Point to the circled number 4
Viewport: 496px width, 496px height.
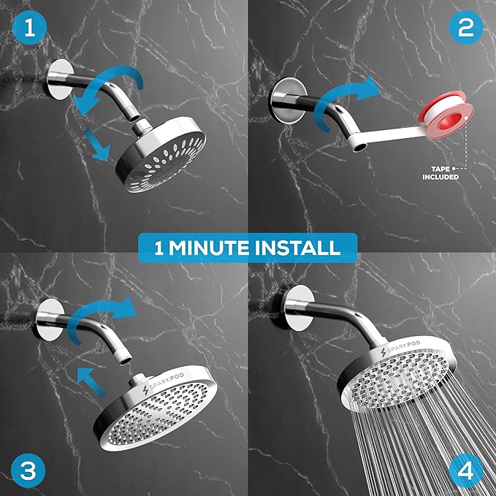(468, 468)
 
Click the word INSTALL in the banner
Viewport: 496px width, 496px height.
(299, 248)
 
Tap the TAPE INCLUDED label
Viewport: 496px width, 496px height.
(440, 172)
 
